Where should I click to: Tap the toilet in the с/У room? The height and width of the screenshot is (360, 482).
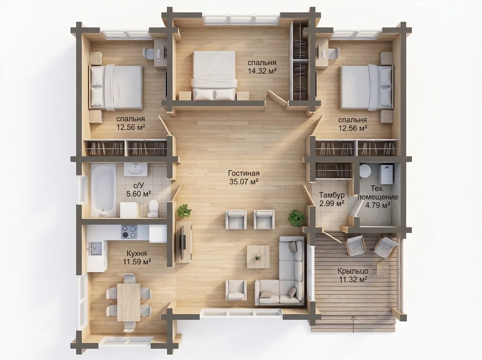tap(153, 208)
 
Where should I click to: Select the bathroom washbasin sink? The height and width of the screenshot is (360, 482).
tap(135, 169)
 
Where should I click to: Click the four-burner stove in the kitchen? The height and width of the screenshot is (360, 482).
tap(129, 232)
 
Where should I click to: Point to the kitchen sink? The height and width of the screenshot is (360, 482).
tap(95, 249)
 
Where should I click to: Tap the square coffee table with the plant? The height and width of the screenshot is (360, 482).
tap(258, 257)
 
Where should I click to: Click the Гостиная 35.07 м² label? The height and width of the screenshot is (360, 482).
tap(244, 177)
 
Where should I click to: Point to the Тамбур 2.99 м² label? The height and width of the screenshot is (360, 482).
tap(332, 199)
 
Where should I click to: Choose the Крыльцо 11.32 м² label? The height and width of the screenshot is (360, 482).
tap(353, 275)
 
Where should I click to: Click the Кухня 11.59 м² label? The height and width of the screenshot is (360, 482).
tap(137, 258)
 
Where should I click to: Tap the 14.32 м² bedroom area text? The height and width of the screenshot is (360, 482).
tap(262, 71)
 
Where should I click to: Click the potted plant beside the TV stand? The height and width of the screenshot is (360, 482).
tap(184, 211)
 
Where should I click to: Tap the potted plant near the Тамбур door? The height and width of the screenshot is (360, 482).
tap(297, 218)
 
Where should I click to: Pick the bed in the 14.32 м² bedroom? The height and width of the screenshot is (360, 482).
tap(214, 76)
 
